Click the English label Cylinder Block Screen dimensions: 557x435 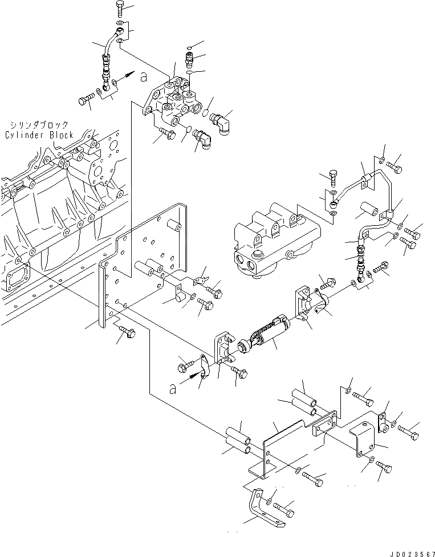click(x=39, y=135)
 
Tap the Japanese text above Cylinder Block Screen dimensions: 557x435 click(x=39, y=125)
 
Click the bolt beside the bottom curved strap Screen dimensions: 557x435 click(x=283, y=506)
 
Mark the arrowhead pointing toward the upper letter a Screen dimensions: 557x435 click(x=130, y=75)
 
